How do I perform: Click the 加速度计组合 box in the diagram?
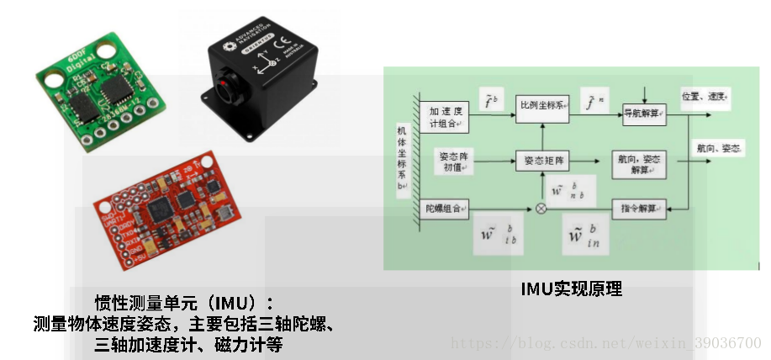click(x=445, y=116)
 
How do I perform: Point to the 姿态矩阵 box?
click(x=541, y=160)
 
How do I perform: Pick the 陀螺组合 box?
click(x=445, y=209)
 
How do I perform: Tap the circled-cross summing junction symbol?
click(x=541, y=209)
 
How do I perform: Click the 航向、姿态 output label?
click(x=719, y=148)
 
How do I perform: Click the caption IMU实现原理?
click(x=572, y=290)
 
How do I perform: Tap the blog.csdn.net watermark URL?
click(x=606, y=343)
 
